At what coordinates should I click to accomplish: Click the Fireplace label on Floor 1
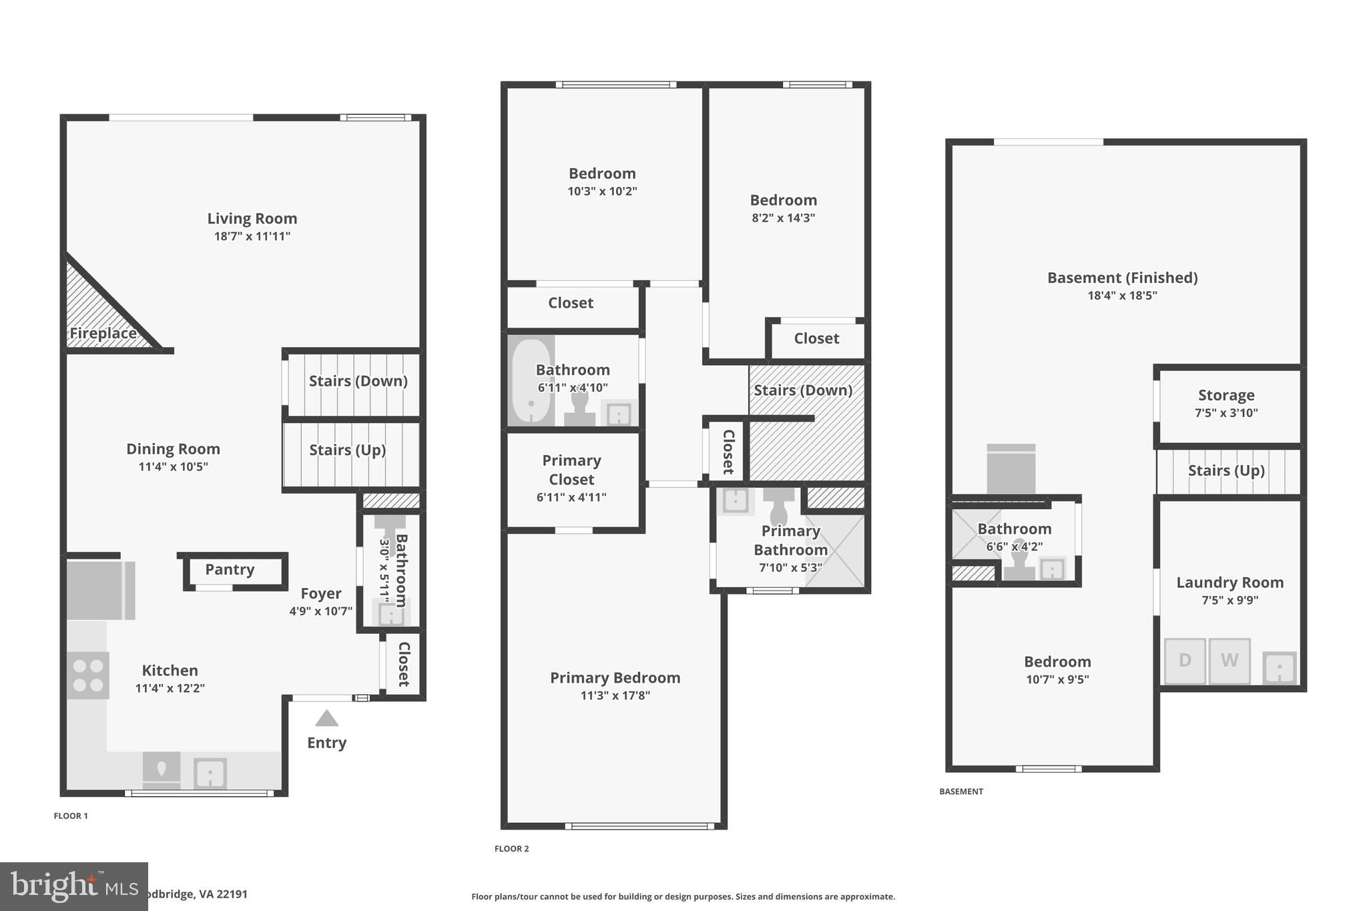(103, 333)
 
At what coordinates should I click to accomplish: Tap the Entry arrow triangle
(326, 719)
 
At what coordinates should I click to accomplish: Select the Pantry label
(230, 569)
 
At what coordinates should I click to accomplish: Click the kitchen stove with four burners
(88, 675)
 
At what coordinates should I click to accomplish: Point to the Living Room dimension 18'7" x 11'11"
(252, 236)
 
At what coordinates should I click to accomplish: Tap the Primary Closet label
(571, 470)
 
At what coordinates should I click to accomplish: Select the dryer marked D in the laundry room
(1185, 661)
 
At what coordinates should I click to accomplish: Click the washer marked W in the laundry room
(1229, 661)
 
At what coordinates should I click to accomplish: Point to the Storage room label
(1226, 395)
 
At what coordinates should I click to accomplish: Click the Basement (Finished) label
(1122, 278)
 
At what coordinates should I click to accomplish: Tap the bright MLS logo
(73, 886)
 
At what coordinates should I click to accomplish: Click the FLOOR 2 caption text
(511, 849)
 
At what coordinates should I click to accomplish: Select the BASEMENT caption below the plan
(961, 792)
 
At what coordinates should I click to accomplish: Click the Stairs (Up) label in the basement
(1226, 471)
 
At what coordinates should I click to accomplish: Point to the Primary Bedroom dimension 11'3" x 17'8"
(615, 695)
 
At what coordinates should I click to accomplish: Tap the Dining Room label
(173, 449)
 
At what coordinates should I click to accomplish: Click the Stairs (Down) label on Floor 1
(358, 381)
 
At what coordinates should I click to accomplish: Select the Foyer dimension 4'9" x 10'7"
(320, 611)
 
